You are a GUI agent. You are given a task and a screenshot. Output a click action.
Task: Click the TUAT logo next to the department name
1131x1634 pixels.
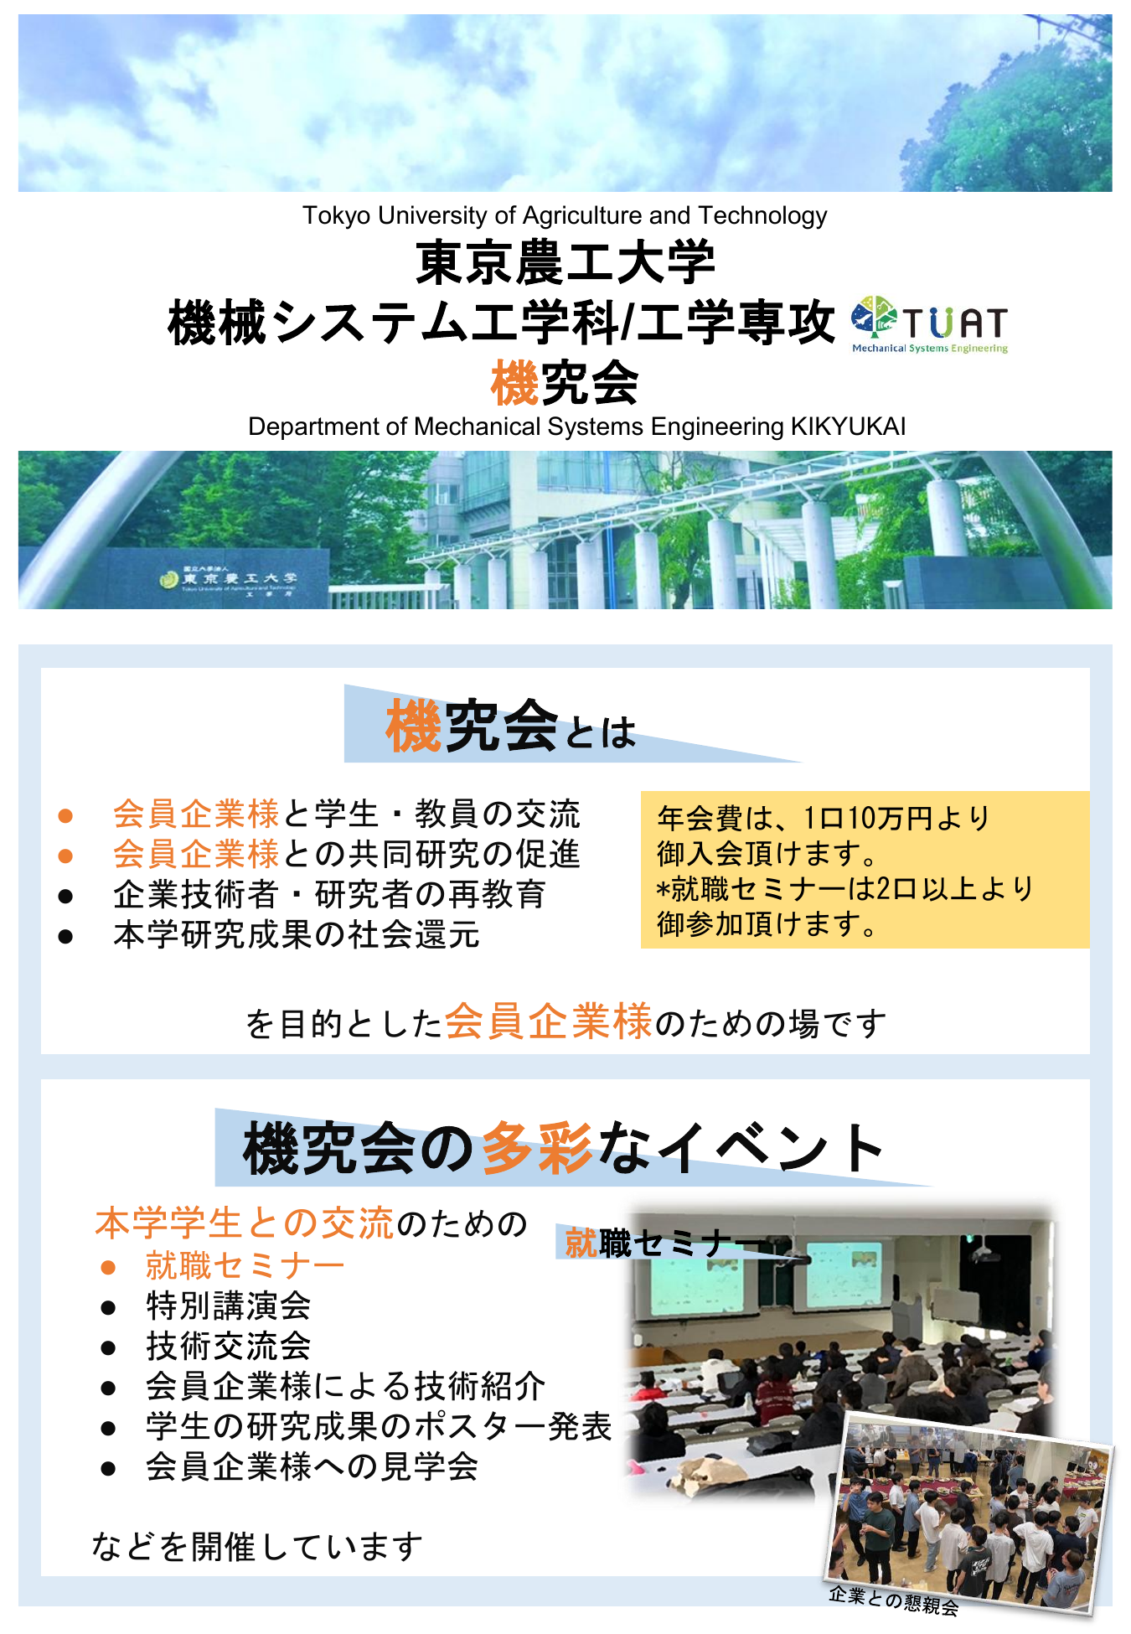930,324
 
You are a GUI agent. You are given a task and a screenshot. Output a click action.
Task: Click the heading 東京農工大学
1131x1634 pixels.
565,262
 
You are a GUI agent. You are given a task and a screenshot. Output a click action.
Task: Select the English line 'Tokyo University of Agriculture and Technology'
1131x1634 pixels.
565,215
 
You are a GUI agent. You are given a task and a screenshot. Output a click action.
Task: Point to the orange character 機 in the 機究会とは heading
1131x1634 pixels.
413,727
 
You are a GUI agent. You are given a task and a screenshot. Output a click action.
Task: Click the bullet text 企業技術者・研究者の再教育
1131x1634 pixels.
329,894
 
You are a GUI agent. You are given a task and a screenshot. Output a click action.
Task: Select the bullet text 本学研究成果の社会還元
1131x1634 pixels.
297,934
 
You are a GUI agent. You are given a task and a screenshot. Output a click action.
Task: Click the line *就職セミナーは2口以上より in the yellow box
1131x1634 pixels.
845,888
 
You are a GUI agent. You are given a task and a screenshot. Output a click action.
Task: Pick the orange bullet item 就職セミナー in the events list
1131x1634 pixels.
245,1265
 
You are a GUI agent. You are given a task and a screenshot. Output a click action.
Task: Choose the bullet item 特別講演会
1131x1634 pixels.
228,1306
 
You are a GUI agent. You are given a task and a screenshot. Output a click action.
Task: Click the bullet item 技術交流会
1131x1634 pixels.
228,1346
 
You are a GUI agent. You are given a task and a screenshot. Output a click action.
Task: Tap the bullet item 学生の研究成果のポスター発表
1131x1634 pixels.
379,1426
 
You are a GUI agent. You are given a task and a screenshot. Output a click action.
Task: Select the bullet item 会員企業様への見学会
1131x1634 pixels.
312,1466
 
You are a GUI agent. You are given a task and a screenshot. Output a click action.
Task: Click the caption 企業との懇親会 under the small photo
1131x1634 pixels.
893,1600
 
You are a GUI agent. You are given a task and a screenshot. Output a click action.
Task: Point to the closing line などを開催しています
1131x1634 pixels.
257,1546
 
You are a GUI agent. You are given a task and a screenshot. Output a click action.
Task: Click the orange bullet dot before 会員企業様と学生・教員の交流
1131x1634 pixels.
65,815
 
